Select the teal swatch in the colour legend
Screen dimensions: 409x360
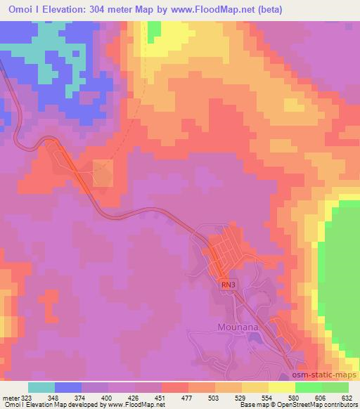[41, 387]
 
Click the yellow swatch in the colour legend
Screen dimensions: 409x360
[281, 387]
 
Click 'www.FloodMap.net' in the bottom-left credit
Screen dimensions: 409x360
[131, 405]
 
